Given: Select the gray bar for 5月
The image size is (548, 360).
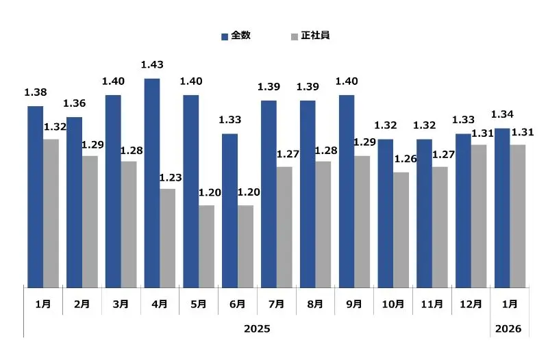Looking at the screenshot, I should (x=206, y=246).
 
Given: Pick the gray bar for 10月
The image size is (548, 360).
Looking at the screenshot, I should (x=401, y=229).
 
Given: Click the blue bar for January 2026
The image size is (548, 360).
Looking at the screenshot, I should (x=502, y=207).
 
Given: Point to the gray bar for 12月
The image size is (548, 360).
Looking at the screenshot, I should (x=479, y=216).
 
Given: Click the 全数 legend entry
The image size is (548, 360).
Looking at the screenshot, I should (x=236, y=36).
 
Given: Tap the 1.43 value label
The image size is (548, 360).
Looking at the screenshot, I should (x=151, y=65).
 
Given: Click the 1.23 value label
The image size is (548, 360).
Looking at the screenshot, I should (x=170, y=178).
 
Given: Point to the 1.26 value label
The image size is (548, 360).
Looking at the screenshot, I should (x=406, y=159).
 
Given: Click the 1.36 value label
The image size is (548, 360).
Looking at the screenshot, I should (x=75, y=104).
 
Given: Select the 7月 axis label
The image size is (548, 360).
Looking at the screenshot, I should (x=276, y=304).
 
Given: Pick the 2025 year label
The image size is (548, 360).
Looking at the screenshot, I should (x=257, y=329).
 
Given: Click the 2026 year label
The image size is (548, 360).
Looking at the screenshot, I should (x=509, y=329).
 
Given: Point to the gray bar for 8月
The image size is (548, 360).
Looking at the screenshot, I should (x=323, y=224).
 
